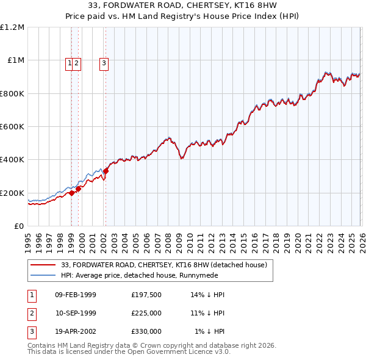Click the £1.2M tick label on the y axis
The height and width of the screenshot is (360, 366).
[x=12, y=27]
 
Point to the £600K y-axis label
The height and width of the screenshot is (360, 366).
[x=12, y=127]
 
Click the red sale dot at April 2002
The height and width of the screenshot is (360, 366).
[x=106, y=171]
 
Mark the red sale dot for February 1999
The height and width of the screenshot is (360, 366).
[x=71, y=193]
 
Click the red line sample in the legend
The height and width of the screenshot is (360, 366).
[x=44, y=265]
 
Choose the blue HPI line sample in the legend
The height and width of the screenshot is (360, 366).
[x=44, y=275]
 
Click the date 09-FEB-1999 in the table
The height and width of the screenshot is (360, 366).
[x=76, y=294]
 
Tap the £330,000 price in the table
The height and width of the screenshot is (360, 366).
[x=146, y=331]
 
